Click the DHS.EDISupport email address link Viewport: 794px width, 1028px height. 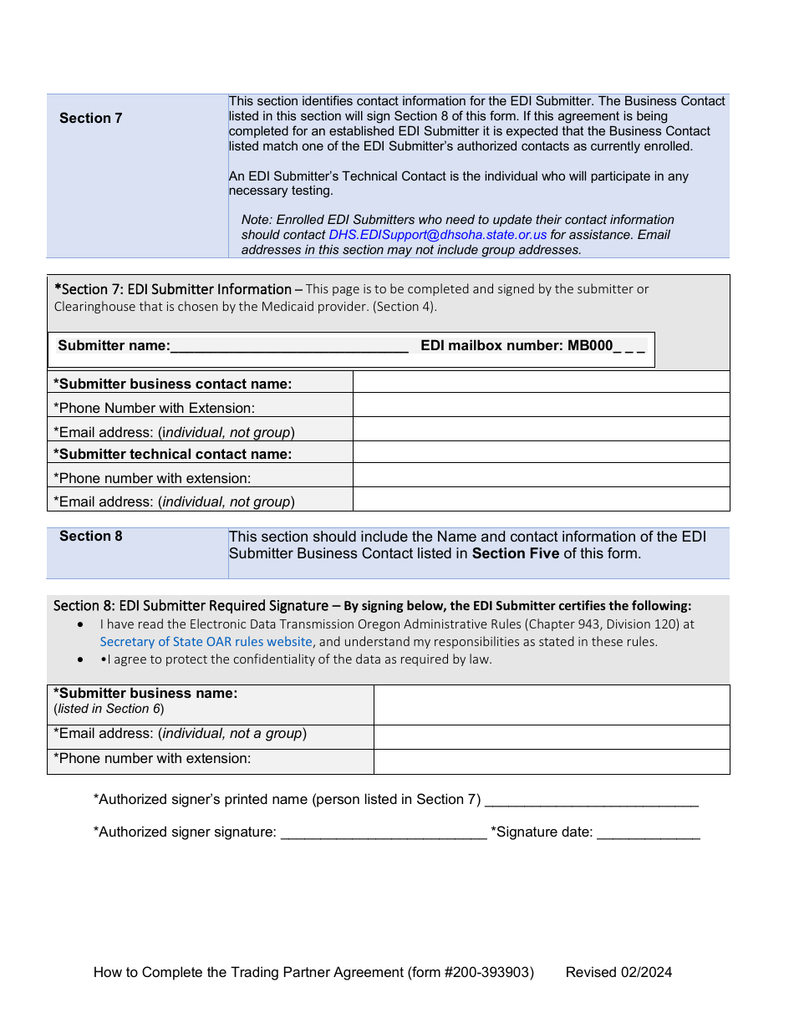[437, 235]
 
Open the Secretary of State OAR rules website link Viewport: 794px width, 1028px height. [206, 642]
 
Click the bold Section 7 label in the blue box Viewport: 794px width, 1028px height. [90, 118]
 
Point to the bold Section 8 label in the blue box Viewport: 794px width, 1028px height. [90, 536]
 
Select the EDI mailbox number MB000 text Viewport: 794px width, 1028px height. [532, 346]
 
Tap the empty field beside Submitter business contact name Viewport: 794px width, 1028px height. [541, 383]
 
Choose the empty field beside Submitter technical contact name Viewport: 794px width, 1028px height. [541, 453]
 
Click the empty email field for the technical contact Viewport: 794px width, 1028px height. [541, 500]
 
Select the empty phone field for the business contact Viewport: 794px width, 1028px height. [541, 406]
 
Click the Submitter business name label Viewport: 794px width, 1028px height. [145, 693]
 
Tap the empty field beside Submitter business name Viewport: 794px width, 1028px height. [551, 705]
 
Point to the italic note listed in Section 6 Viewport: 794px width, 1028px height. [109, 709]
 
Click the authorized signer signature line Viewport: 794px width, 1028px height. [384, 833]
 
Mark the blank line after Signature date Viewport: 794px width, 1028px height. [649, 833]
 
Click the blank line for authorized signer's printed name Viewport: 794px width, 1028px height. [591, 801]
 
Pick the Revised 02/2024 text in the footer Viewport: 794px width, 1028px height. [618, 972]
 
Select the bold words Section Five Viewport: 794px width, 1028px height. [515, 553]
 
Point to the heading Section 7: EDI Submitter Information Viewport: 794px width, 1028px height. [173, 289]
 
